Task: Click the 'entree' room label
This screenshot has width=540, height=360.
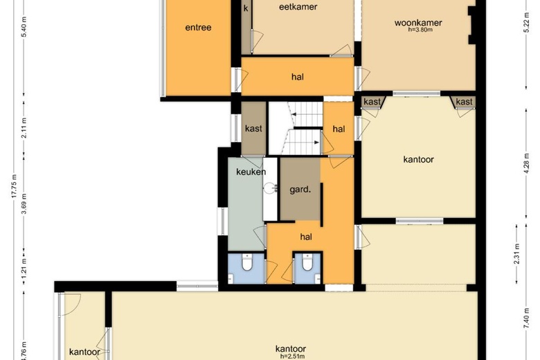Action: point(198,28)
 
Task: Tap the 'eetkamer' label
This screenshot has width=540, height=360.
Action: point(298,7)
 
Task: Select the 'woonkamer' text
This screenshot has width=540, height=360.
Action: point(418,23)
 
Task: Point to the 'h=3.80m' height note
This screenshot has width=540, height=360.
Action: point(420,30)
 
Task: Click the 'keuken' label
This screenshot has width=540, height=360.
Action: point(251,172)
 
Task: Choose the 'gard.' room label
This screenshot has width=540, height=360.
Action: point(300,190)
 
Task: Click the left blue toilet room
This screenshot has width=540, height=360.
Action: point(246,269)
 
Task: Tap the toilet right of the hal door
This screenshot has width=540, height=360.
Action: point(307,262)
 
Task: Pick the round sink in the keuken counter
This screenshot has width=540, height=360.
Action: point(269,188)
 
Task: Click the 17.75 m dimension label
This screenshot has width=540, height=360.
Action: point(14,186)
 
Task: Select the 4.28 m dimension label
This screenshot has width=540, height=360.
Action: point(527,163)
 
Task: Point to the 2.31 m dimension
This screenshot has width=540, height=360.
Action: point(516,254)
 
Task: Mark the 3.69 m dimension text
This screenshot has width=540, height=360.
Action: point(24,204)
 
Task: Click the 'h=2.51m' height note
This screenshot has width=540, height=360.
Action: point(292,357)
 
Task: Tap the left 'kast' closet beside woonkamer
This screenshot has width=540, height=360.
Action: point(373,102)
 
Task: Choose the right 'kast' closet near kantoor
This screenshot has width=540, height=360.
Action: point(463,102)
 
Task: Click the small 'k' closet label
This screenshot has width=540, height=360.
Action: point(246,8)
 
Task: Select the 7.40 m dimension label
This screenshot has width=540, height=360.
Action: point(527,318)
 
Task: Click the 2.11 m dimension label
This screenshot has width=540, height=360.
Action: point(24,128)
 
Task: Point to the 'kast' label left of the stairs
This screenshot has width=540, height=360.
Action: point(253,129)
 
